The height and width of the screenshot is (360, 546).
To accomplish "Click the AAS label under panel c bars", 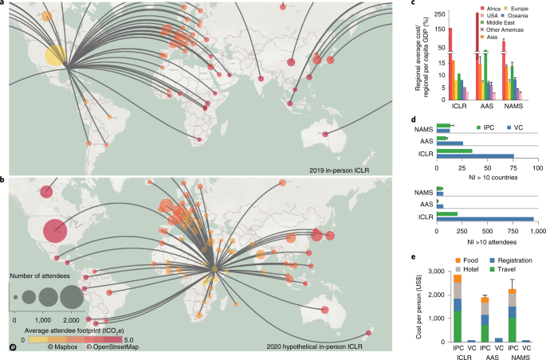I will pos(486,104).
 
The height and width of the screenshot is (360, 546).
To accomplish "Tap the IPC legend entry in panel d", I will pos(485,127).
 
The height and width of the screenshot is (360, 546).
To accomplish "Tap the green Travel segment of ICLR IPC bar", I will pos(458,327).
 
